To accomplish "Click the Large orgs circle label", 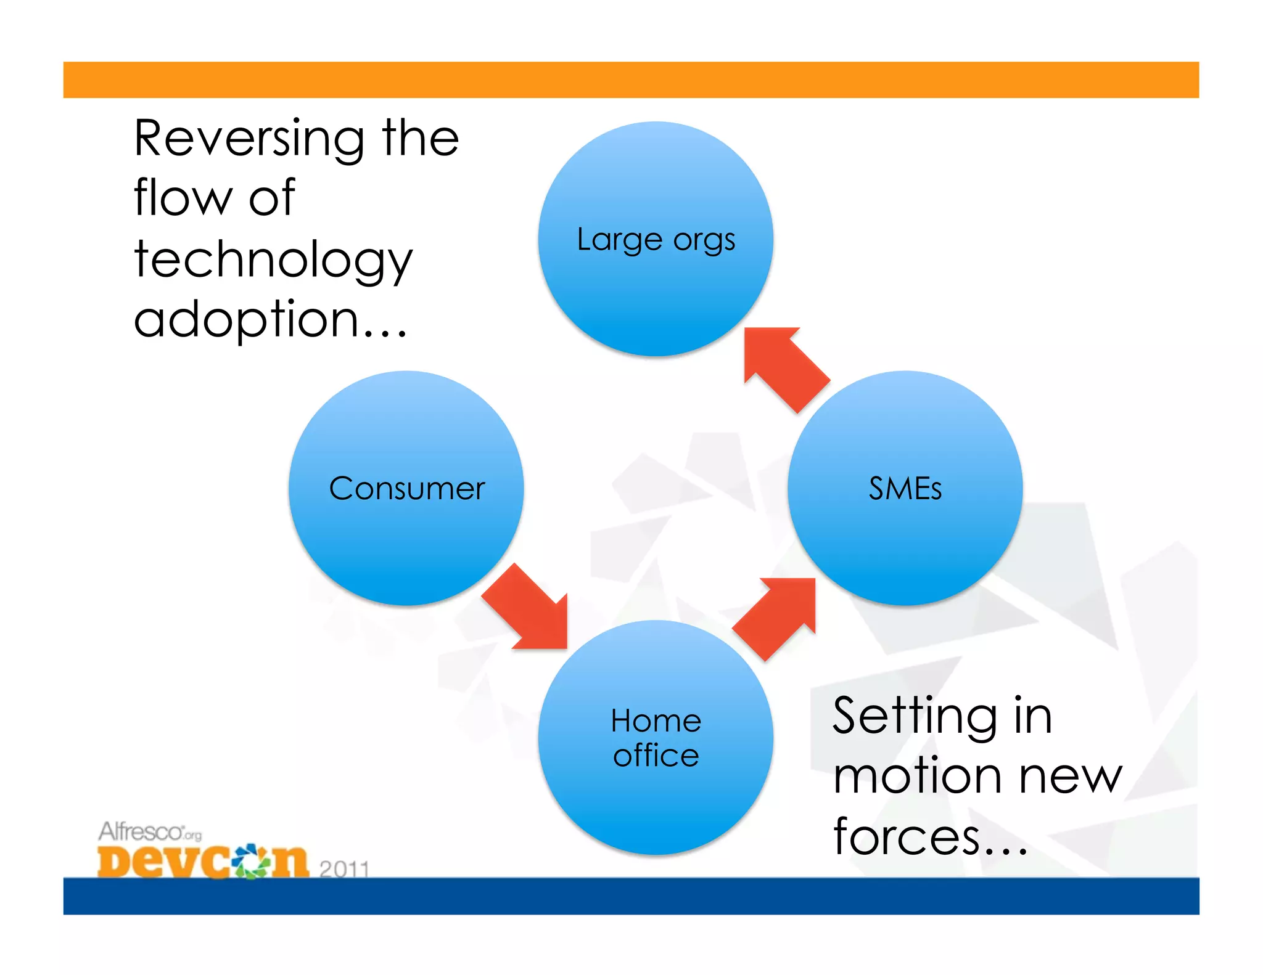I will point(656,240).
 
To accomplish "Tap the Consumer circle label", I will point(406,489).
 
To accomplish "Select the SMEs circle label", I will point(905,489).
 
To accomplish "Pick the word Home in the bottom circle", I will point(656,720).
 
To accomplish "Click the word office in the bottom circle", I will point(656,756).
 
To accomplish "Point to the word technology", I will point(273,260).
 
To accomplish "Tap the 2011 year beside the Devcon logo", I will point(344,868).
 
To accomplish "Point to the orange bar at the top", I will point(631,80).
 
